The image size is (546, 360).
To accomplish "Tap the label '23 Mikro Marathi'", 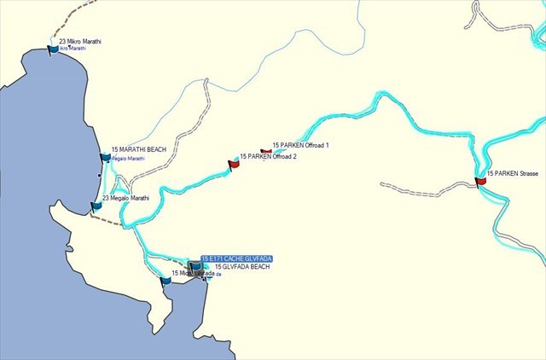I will [x=80, y=41].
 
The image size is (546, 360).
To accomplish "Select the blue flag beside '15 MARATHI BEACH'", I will [x=106, y=157].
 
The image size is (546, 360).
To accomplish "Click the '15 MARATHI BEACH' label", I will [x=139, y=149].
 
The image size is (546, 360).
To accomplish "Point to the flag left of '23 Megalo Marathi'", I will [x=96, y=206].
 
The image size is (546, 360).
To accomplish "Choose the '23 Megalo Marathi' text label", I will [x=125, y=198].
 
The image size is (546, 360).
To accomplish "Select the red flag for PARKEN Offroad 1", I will [x=266, y=150].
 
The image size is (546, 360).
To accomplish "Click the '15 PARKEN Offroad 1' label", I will [x=300, y=146].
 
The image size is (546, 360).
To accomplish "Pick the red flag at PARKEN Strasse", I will [x=481, y=180].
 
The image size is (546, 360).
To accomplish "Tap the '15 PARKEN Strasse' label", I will [x=513, y=174].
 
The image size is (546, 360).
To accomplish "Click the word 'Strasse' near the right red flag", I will [x=527, y=174].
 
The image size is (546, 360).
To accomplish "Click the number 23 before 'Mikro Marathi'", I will [x=61, y=41].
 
